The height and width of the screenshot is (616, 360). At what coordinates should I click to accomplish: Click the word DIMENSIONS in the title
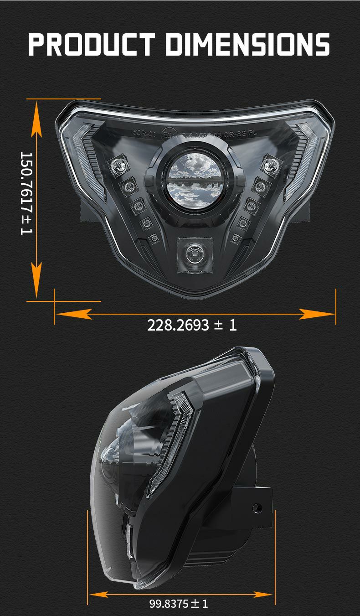247,44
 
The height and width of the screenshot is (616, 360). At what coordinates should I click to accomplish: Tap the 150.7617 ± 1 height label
27,193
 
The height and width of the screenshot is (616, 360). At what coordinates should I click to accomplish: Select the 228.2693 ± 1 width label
192,325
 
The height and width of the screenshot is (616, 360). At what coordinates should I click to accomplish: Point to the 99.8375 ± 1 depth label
179,604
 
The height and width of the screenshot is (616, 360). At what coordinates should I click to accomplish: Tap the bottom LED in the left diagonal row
153,238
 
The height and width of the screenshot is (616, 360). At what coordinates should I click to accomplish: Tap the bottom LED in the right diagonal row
236,238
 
